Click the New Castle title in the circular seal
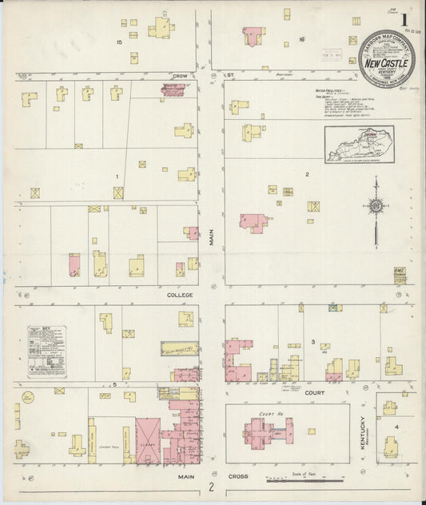point(384,61)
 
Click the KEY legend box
point(47,350)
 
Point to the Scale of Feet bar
point(304,479)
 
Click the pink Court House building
point(266,432)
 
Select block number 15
point(119,42)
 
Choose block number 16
point(302,39)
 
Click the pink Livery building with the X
point(148,432)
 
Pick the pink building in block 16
point(253,36)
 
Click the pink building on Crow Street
point(173,89)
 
